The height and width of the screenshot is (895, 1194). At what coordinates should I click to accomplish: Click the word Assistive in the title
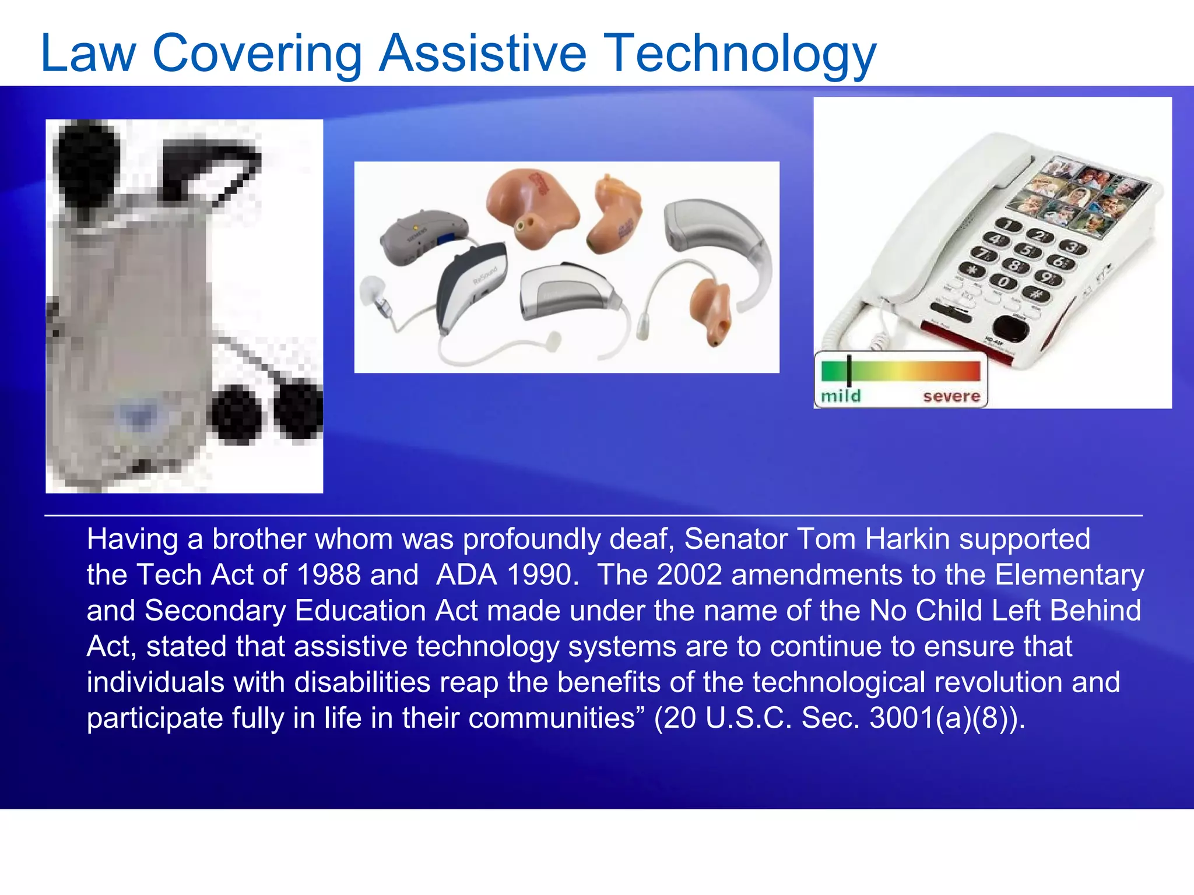tap(483, 54)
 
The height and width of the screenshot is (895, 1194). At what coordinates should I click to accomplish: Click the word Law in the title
tap(87, 54)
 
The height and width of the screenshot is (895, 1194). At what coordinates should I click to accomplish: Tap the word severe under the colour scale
tap(951, 397)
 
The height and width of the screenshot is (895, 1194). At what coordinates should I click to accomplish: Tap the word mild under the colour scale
tap(841, 397)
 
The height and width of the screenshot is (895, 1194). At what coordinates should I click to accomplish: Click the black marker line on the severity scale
tap(849, 371)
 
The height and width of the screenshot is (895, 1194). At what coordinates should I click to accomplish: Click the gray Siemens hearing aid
tap(423, 236)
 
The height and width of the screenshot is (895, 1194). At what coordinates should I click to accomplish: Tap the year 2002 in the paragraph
tap(689, 575)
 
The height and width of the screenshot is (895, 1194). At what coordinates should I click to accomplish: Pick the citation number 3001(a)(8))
tap(947, 718)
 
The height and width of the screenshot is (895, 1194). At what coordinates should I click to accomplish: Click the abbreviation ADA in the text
tap(466, 575)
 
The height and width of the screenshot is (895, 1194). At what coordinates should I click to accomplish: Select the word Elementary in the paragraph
tap(1069, 575)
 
